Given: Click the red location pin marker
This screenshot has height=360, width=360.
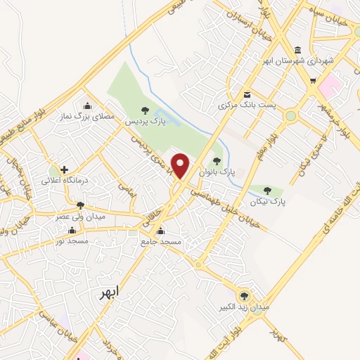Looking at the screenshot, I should pos(181,165).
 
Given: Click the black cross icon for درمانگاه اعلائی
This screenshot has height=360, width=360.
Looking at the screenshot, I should pos(64,169).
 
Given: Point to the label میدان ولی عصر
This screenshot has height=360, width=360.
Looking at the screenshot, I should pos(81,217).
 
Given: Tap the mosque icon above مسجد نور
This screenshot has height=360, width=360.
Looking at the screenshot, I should pos(73,230).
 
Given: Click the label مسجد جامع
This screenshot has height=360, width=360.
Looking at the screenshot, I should pos(161,241).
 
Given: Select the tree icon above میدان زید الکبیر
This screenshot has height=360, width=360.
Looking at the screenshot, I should pos(244,296).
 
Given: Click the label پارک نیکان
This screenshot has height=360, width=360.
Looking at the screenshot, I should pos(267,201).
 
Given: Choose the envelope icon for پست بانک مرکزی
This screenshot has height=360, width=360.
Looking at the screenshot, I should pos(246,94).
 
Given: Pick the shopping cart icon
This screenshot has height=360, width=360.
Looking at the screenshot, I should pos(314,81).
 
